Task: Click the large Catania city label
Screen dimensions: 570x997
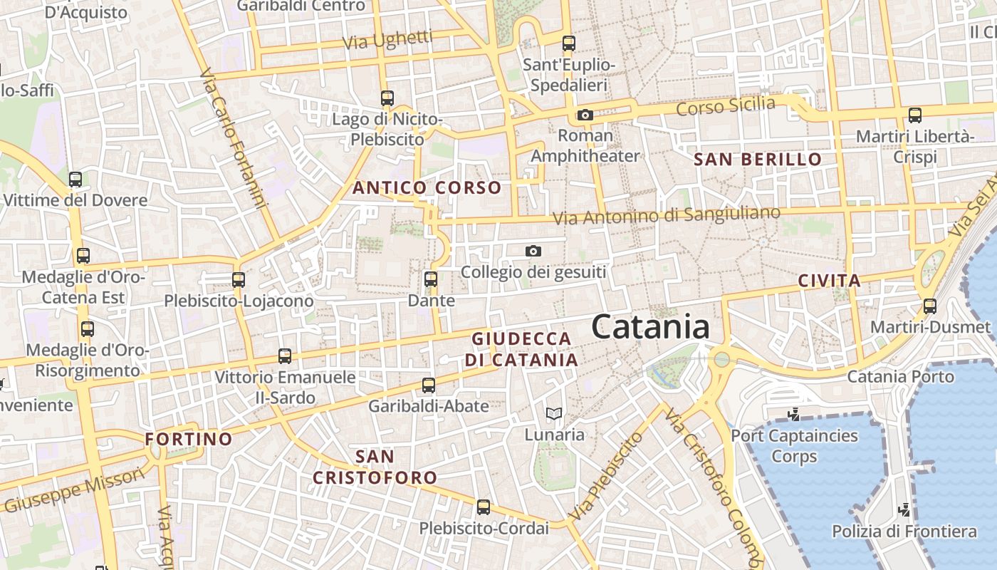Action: pos(650,328)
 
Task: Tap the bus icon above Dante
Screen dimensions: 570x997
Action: pos(431,279)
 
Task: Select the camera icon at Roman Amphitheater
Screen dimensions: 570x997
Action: pos(585,115)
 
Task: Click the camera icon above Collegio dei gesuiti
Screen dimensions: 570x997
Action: pos(533,251)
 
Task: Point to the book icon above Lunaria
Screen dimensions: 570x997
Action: pos(553,413)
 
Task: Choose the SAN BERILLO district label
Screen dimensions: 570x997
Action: pos(758,159)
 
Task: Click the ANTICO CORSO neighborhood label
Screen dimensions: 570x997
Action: pos(427,188)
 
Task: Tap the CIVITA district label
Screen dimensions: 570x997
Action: pos(830,281)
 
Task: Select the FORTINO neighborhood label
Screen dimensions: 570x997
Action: pos(189,439)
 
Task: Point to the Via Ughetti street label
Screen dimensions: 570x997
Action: pos(387,40)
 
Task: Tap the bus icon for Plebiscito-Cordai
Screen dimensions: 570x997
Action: pos(484,507)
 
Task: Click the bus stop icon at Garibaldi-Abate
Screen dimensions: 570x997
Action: pos(429,385)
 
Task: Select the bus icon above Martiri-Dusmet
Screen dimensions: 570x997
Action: pos(930,306)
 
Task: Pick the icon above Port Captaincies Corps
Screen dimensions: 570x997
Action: pos(793,414)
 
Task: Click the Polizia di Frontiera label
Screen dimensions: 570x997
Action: pos(904,532)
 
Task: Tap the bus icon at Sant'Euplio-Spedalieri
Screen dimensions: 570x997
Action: pos(568,43)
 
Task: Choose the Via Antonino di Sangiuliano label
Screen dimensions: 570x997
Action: pos(666,215)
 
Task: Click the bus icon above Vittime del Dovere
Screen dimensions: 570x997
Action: pos(75,180)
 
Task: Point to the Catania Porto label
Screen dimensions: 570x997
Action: pos(900,376)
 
